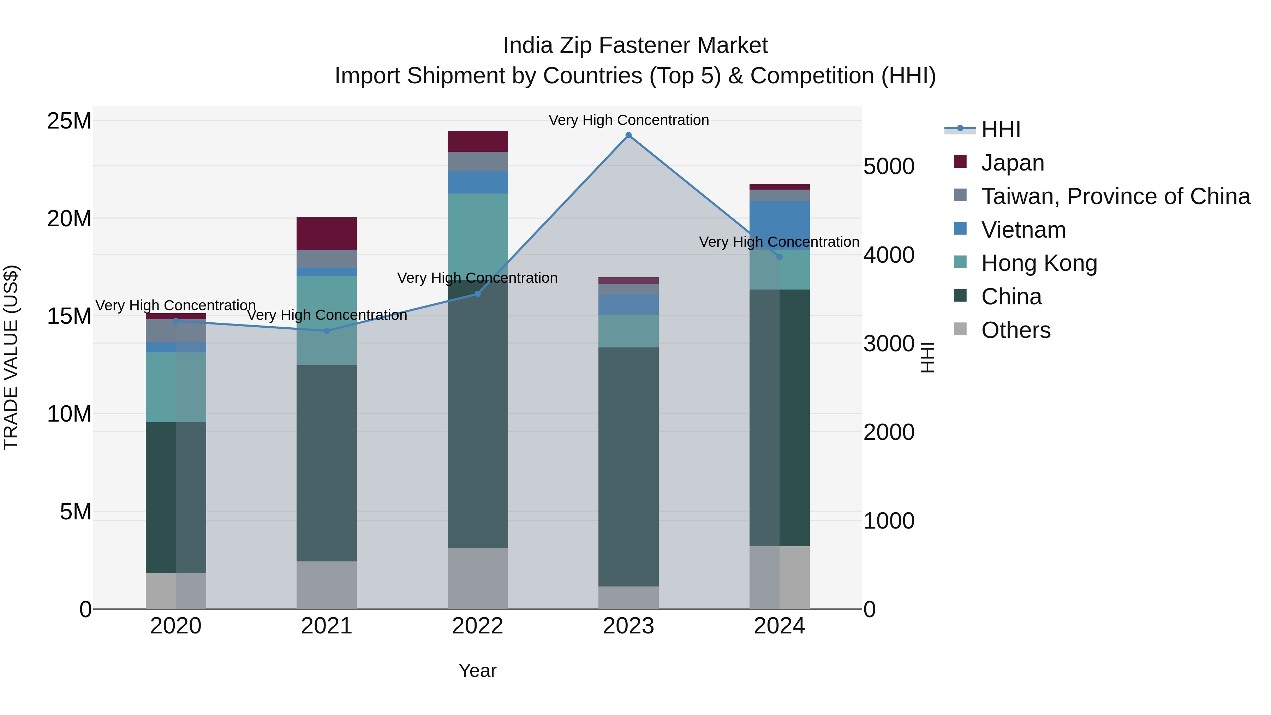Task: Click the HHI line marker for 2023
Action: pos(628,135)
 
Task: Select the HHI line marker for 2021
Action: pos(327,330)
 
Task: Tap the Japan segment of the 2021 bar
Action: pos(327,233)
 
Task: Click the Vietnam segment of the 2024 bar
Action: pos(780,225)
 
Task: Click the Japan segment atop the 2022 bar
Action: pos(478,142)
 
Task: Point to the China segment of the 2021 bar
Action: pos(327,463)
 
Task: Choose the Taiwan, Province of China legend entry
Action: pos(1115,196)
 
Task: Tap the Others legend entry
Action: pos(1015,330)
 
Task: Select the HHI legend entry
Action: pos(1000,129)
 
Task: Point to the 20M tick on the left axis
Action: pos(69,218)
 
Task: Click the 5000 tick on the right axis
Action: pos(889,166)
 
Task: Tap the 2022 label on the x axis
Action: pos(478,626)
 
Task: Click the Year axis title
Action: pos(478,671)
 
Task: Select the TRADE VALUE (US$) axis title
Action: pos(11,357)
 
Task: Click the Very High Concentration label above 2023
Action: pos(628,120)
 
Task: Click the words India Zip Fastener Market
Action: pos(635,46)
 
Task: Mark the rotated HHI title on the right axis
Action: pos(927,357)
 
